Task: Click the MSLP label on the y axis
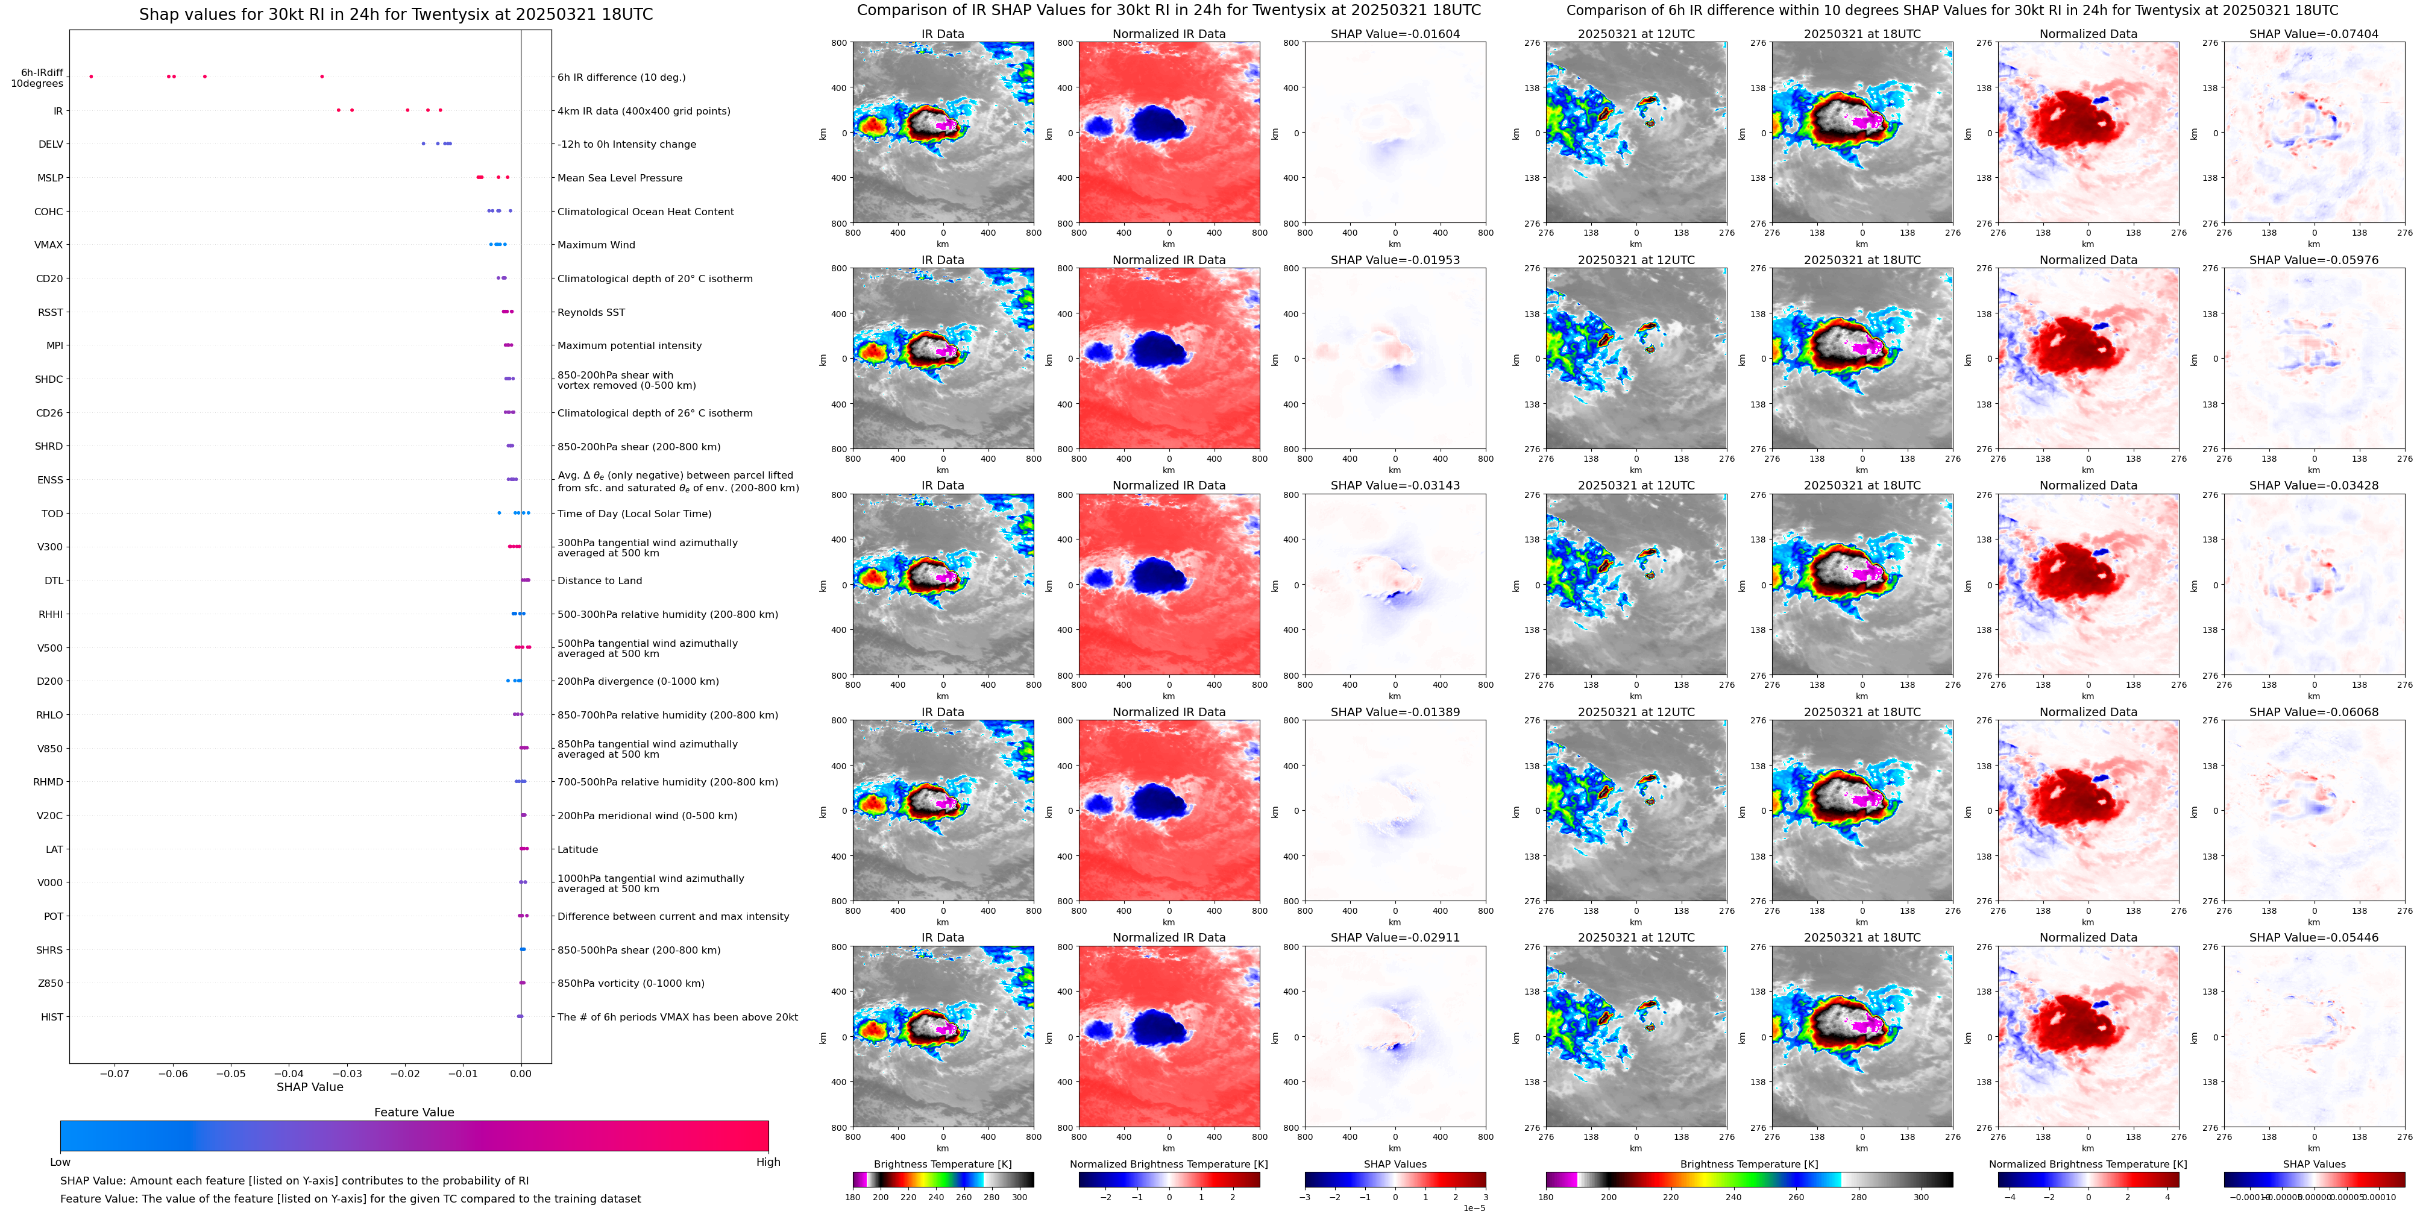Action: (x=50, y=178)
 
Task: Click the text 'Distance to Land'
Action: (x=599, y=580)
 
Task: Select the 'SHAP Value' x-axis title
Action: (x=309, y=1087)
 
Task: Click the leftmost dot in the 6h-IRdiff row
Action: (x=91, y=76)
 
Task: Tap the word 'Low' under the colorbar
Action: (x=60, y=1162)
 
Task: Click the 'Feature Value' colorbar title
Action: (x=413, y=1112)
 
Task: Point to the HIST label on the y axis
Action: (x=52, y=1016)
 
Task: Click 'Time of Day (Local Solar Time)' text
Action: (x=634, y=514)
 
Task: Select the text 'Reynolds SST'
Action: (x=590, y=312)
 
